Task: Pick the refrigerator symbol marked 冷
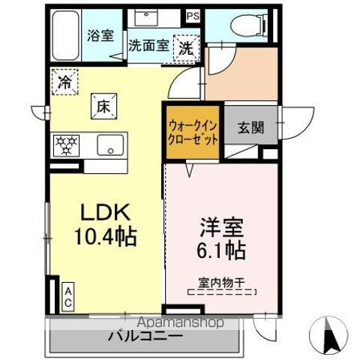[x=65, y=81]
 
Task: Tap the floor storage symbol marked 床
[x=103, y=106]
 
